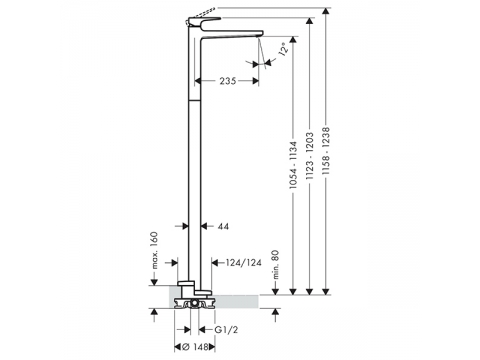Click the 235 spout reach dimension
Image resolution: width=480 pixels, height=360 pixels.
pyautogui.click(x=228, y=81)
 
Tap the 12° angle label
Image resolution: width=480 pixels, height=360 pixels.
pyautogui.click(x=283, y=49)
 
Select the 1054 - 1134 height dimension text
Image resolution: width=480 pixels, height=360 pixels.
pyautogui.click(x=293, y=165)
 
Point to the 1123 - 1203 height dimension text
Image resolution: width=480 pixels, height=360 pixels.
pyautogui.click(x=310, y=156)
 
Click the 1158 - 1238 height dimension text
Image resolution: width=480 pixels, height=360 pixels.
pyautogui.click(x=326, y=151)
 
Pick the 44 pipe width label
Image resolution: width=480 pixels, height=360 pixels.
pyautogui.click(x=223, y=227)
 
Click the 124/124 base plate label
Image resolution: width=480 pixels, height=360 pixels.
pyautogui.click(x=244, y=263)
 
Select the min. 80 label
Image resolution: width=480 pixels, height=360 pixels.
pyautogui.click(x=276, y=265)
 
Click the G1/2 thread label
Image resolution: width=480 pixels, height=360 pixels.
pyautogui.click(x=226, y=330)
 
